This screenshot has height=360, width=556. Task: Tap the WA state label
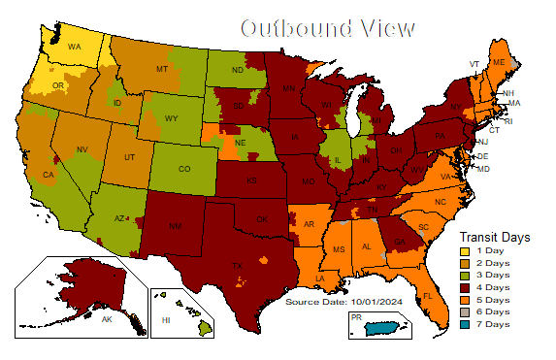point(75,46)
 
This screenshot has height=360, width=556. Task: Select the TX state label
point(236,265)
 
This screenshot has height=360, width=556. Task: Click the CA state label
point(47,175)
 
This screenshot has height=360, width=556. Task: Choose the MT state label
point(162,70)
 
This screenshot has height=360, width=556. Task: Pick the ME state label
point(500,61)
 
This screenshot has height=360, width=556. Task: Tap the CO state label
point(184,168)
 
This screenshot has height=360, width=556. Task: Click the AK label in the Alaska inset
point(108,318)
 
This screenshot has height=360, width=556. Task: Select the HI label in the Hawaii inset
point(166,319)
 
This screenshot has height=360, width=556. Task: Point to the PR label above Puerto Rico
point(356,317)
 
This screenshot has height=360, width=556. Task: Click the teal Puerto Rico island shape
point(384,330)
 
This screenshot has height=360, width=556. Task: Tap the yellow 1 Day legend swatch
point(464,251)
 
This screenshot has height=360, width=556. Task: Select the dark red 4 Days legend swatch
point(464,287)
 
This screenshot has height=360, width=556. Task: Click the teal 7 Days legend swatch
point(464,323)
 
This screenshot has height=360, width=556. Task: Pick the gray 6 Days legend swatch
point(464,311)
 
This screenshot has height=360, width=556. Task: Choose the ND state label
point(237,70)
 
